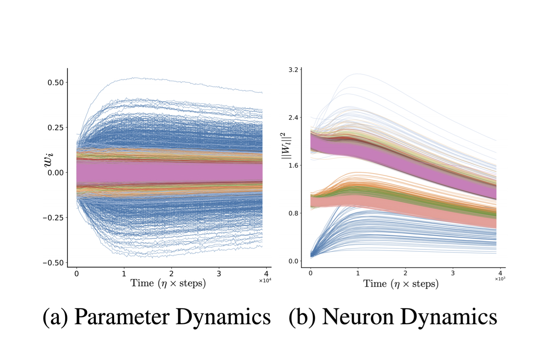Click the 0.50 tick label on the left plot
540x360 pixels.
55,82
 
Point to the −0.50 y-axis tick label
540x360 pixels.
53,263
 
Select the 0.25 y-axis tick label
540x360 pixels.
55,128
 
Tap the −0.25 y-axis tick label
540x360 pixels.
53,218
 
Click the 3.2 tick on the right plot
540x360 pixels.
293,69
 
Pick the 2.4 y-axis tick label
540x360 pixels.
293,118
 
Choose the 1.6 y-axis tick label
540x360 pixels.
293,166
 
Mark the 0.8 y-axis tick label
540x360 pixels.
293,213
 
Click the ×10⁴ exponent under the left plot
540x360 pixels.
265,281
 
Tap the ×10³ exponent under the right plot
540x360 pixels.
500,279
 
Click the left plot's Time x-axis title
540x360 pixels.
168,283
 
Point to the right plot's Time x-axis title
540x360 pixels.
401,284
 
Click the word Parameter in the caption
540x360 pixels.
122,318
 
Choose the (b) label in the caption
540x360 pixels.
302,318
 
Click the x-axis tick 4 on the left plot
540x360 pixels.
266,274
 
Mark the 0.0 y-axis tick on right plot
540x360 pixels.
293,261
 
